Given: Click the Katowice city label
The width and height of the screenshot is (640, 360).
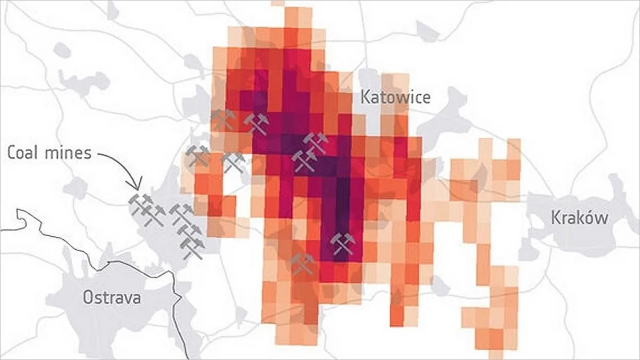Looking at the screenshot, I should (395, 97).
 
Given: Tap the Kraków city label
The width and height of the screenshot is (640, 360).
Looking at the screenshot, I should (579, 218).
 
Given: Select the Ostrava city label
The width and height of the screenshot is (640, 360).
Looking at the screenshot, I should (111, 297).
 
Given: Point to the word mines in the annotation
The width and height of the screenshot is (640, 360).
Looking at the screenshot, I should (69, 154).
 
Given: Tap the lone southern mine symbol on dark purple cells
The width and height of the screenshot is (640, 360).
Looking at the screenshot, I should (342, 244).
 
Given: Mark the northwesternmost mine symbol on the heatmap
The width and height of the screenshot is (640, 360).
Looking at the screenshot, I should (222, 120).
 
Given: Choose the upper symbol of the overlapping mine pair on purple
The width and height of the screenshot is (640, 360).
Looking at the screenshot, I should (316, 142).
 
